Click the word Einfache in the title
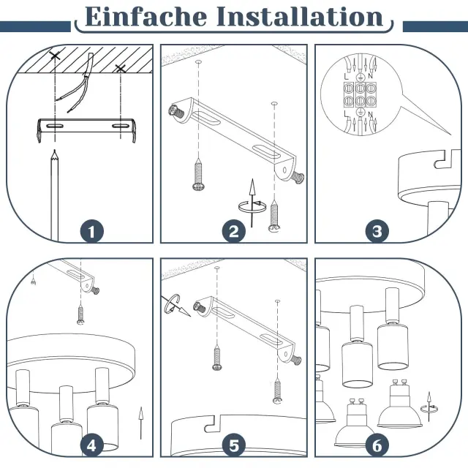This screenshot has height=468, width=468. click(146, 17)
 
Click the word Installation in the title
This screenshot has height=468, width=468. click(300, 17)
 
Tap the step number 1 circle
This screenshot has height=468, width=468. click(92, 231)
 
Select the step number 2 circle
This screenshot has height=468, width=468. click(234, 231)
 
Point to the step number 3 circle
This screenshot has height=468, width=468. click(377, 231)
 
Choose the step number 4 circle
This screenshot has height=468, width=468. click(92, 445)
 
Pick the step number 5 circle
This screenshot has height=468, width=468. click(234, 445)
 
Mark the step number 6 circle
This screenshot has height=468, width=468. click(377, 445)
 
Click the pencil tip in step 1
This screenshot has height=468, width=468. click(54, 150)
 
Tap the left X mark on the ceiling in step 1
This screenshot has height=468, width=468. click(55, 56)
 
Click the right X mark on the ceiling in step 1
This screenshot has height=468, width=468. click(121, 69)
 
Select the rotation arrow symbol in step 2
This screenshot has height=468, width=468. click(252, 203)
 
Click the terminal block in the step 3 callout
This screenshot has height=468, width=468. click(360, 94)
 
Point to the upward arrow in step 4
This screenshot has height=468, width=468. click(141, 423)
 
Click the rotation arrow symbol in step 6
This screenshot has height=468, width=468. click(429, 407)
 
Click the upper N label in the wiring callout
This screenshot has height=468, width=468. click(371, 76)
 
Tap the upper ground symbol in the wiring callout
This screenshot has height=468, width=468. click(361, 78)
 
